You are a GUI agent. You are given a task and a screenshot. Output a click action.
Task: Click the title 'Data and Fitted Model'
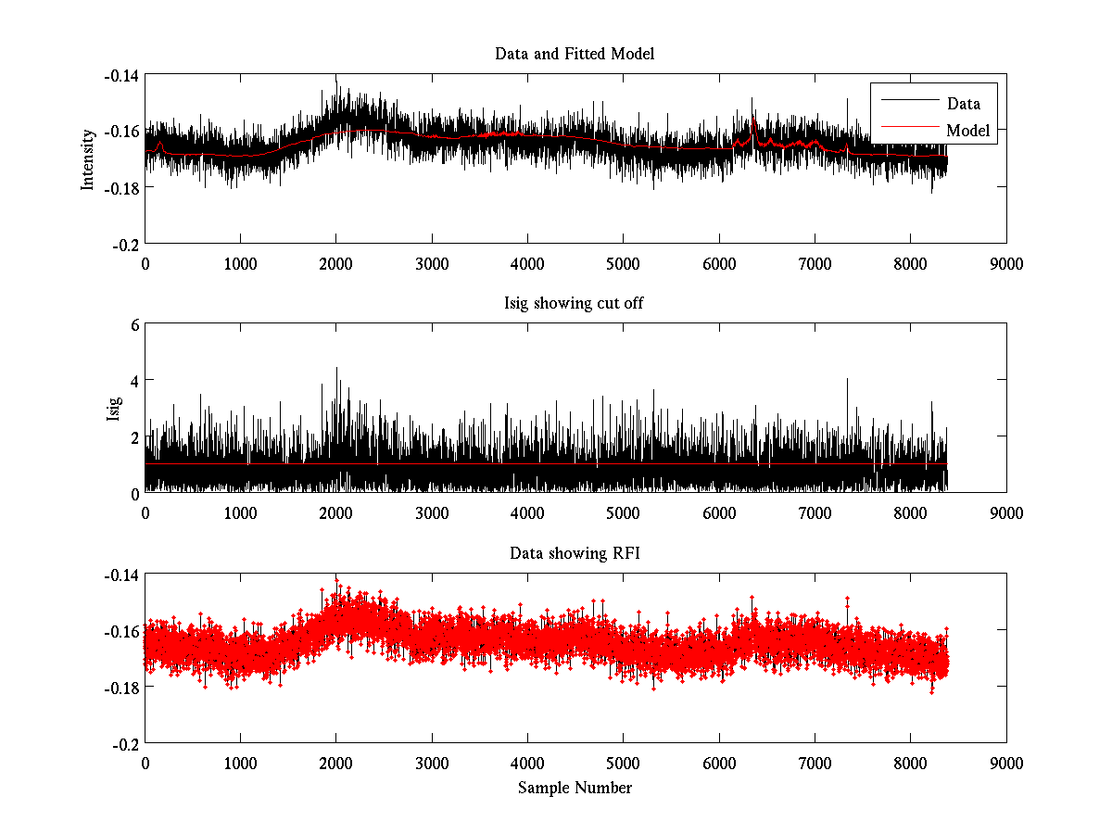[x=575, y=54]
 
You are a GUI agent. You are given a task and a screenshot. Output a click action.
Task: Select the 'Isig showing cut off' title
[x=575, y=304]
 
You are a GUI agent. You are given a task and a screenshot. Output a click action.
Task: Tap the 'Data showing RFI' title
[x=575, y=554]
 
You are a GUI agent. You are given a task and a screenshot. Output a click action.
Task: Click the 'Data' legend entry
[x=963, y=104]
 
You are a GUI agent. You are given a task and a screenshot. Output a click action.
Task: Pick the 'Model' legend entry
[x=967, y=131]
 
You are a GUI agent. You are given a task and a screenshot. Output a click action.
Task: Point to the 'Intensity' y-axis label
[x=88, y=158]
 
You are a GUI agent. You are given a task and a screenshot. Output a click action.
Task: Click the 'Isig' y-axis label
[x=113, y=409]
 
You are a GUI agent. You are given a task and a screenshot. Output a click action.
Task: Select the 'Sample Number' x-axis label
[x=575, y=788]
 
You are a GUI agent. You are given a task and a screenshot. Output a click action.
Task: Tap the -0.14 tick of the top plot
[x=120, y=76]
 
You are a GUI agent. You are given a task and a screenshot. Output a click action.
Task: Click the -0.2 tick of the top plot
[x=125, y=244]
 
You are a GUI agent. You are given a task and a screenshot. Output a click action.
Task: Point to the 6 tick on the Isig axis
[x=133, y=325]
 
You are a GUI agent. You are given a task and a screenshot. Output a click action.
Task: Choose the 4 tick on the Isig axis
[x=133, y=381]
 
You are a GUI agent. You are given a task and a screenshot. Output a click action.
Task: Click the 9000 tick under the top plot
[x=1005, y=263]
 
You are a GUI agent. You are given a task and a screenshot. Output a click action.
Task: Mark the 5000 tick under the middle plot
[x=623, y=512]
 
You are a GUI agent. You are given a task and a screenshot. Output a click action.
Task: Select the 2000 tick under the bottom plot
[x=335, y=763]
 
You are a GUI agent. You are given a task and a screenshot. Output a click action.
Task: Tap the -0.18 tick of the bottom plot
[x=120, y=688]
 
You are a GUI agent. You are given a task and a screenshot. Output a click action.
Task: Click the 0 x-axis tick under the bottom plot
[x=145, y=763]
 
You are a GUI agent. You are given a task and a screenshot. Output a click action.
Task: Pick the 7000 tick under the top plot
[x=814, y=263]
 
